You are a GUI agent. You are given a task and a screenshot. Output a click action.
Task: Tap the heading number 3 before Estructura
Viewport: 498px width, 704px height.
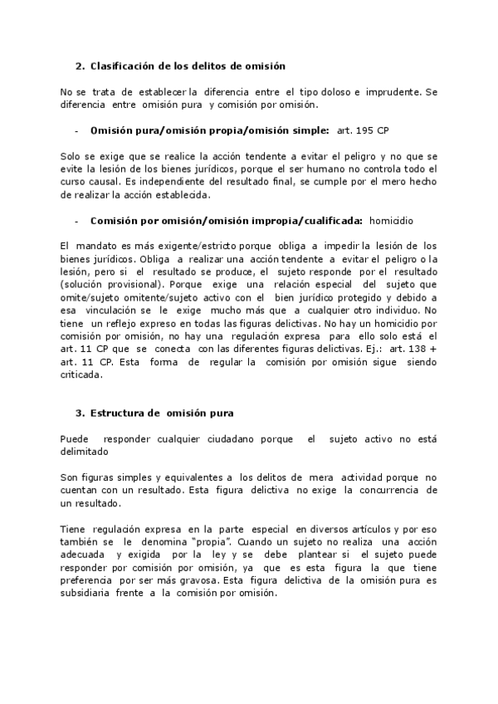point(78,413)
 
